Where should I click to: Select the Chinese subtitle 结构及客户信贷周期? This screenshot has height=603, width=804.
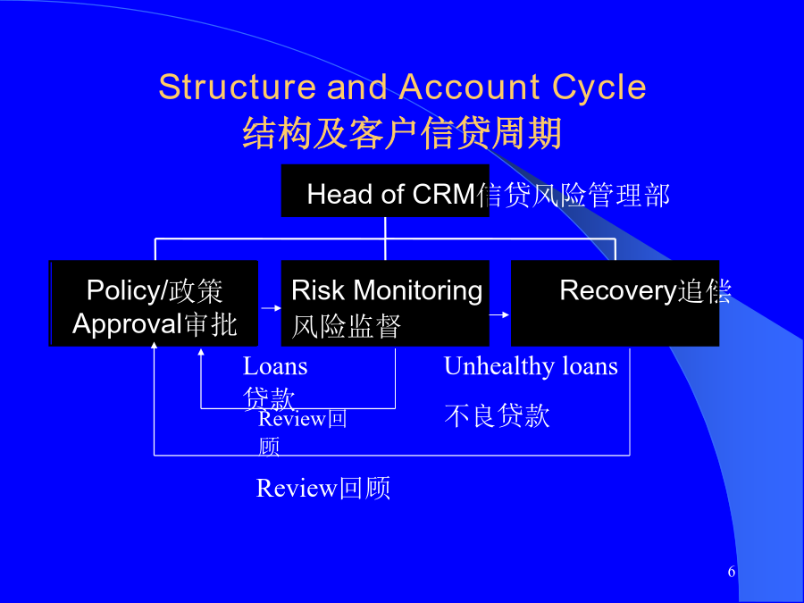pyautogui.click(x=402, y=134)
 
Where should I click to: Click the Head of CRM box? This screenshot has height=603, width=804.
pyautogui.click(x=385, y=190)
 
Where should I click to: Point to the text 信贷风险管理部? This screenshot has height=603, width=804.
pyautogui.click(x=574, y=195)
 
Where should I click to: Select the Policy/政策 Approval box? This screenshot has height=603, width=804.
pyautogui.click(x=154, y=304)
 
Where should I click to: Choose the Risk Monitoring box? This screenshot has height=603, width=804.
pyautogui.click(x=385, y=304)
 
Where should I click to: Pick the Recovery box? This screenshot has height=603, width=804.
pyautogui.click(x=615, y=304)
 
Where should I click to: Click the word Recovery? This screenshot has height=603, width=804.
pyautogui.click(x=617, y=290)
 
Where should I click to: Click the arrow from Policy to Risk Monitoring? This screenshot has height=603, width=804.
pyautogui.click(x=270, y=308)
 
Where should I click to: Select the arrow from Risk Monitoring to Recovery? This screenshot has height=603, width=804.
pyautogui.click(x=499, y=314)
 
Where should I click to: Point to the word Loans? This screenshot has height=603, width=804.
pyautogui.click(x=275, y=366)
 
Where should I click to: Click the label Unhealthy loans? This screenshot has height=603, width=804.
pyautogui.click(x=531, y=366)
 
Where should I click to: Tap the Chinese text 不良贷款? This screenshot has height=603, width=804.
pyautogui.click(x=497, y=415)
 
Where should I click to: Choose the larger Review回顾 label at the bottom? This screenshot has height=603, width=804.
pyautogui.click(x=323, y=488)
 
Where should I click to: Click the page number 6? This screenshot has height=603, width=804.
pyautogui.click(x=732, y=572)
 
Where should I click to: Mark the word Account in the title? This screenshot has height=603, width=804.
pyautogui.click(x=469, y=88)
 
